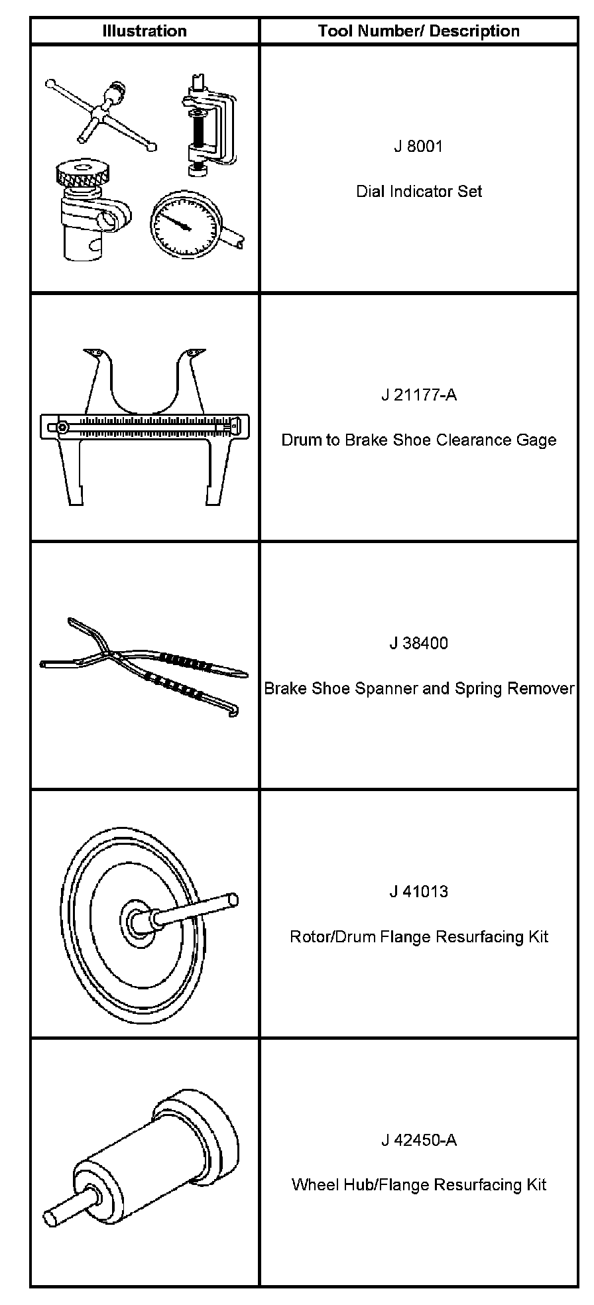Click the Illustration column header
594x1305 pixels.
[x=145, y=31]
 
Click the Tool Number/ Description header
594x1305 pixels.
[x=418, y=31]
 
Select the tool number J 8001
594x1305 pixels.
[x=418, y=147]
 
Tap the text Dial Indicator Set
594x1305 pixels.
[x=419, y=192]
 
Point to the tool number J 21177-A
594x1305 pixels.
[x=419, y=395]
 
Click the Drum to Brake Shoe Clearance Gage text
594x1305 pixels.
[x=419, y=440]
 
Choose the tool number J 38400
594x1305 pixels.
[x=419, y=643]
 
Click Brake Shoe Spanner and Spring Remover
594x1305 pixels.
[x=419, y=688]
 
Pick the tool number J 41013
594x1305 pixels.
[x=419, y=892]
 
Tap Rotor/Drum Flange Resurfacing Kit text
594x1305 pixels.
[x=419, y=937]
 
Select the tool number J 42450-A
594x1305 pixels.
[x=419, y=1140]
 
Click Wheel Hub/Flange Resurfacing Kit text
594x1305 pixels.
[x=419, y=1185]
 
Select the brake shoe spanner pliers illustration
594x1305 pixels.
[x=143, y=666]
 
